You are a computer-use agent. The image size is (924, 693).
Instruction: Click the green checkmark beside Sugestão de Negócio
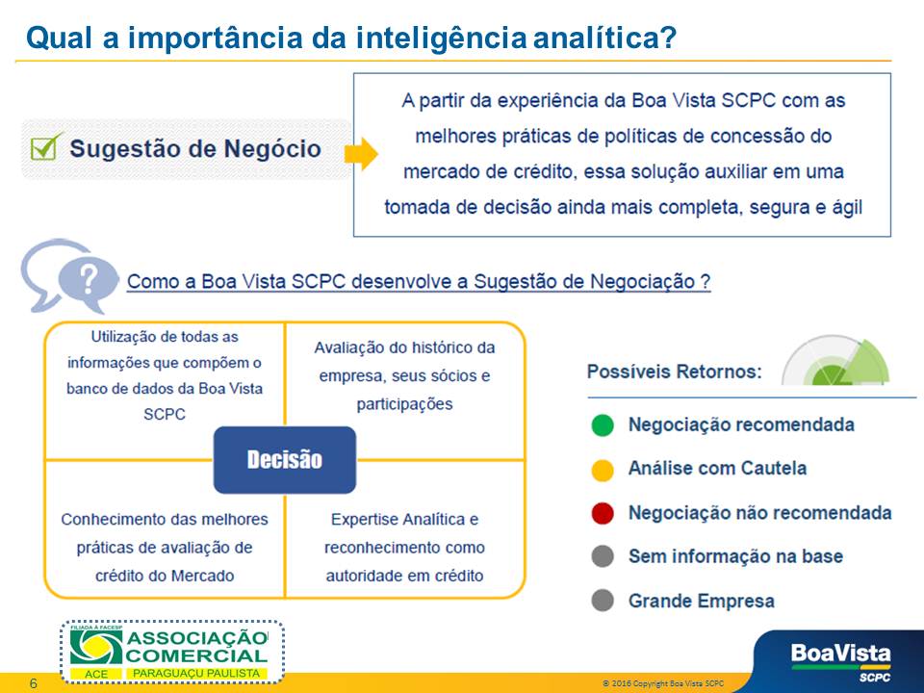tap(45, 146)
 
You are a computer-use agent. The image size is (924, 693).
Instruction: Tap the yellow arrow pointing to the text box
tap(361, 154)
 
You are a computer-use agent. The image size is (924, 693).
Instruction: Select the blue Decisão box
tap(285, 460)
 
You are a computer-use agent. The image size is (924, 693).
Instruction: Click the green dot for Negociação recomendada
tap(603, 424)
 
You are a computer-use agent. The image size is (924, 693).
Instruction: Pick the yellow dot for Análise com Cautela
tap(603, 470)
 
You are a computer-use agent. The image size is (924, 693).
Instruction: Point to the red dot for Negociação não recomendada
tap(603, 513)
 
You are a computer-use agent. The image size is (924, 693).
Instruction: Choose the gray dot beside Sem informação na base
tap(603, 556)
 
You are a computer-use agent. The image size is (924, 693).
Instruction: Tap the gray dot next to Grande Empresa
tap(603, 601)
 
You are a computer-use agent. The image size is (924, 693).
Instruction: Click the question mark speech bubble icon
tap(69, 276)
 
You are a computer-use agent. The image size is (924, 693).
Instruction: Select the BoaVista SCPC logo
tap(840, 662)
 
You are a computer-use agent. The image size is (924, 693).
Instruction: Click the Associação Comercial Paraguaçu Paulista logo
tap(171, 652)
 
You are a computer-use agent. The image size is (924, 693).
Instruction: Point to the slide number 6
tap(33, 683)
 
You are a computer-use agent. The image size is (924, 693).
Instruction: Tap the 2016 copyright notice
tap(663, 683)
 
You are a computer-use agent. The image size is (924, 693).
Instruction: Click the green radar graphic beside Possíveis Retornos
tap(835, 360)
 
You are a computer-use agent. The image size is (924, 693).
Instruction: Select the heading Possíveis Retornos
tap(674, 372)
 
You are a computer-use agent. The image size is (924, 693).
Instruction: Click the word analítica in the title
tap(604, 38)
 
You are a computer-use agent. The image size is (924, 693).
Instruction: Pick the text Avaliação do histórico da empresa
tap(404, 362)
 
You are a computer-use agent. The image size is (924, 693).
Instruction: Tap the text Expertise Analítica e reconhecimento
tap(404, 533)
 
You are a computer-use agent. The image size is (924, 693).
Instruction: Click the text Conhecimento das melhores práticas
tap(165, 533)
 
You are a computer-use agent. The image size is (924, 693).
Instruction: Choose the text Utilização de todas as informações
tap(165, 349)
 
